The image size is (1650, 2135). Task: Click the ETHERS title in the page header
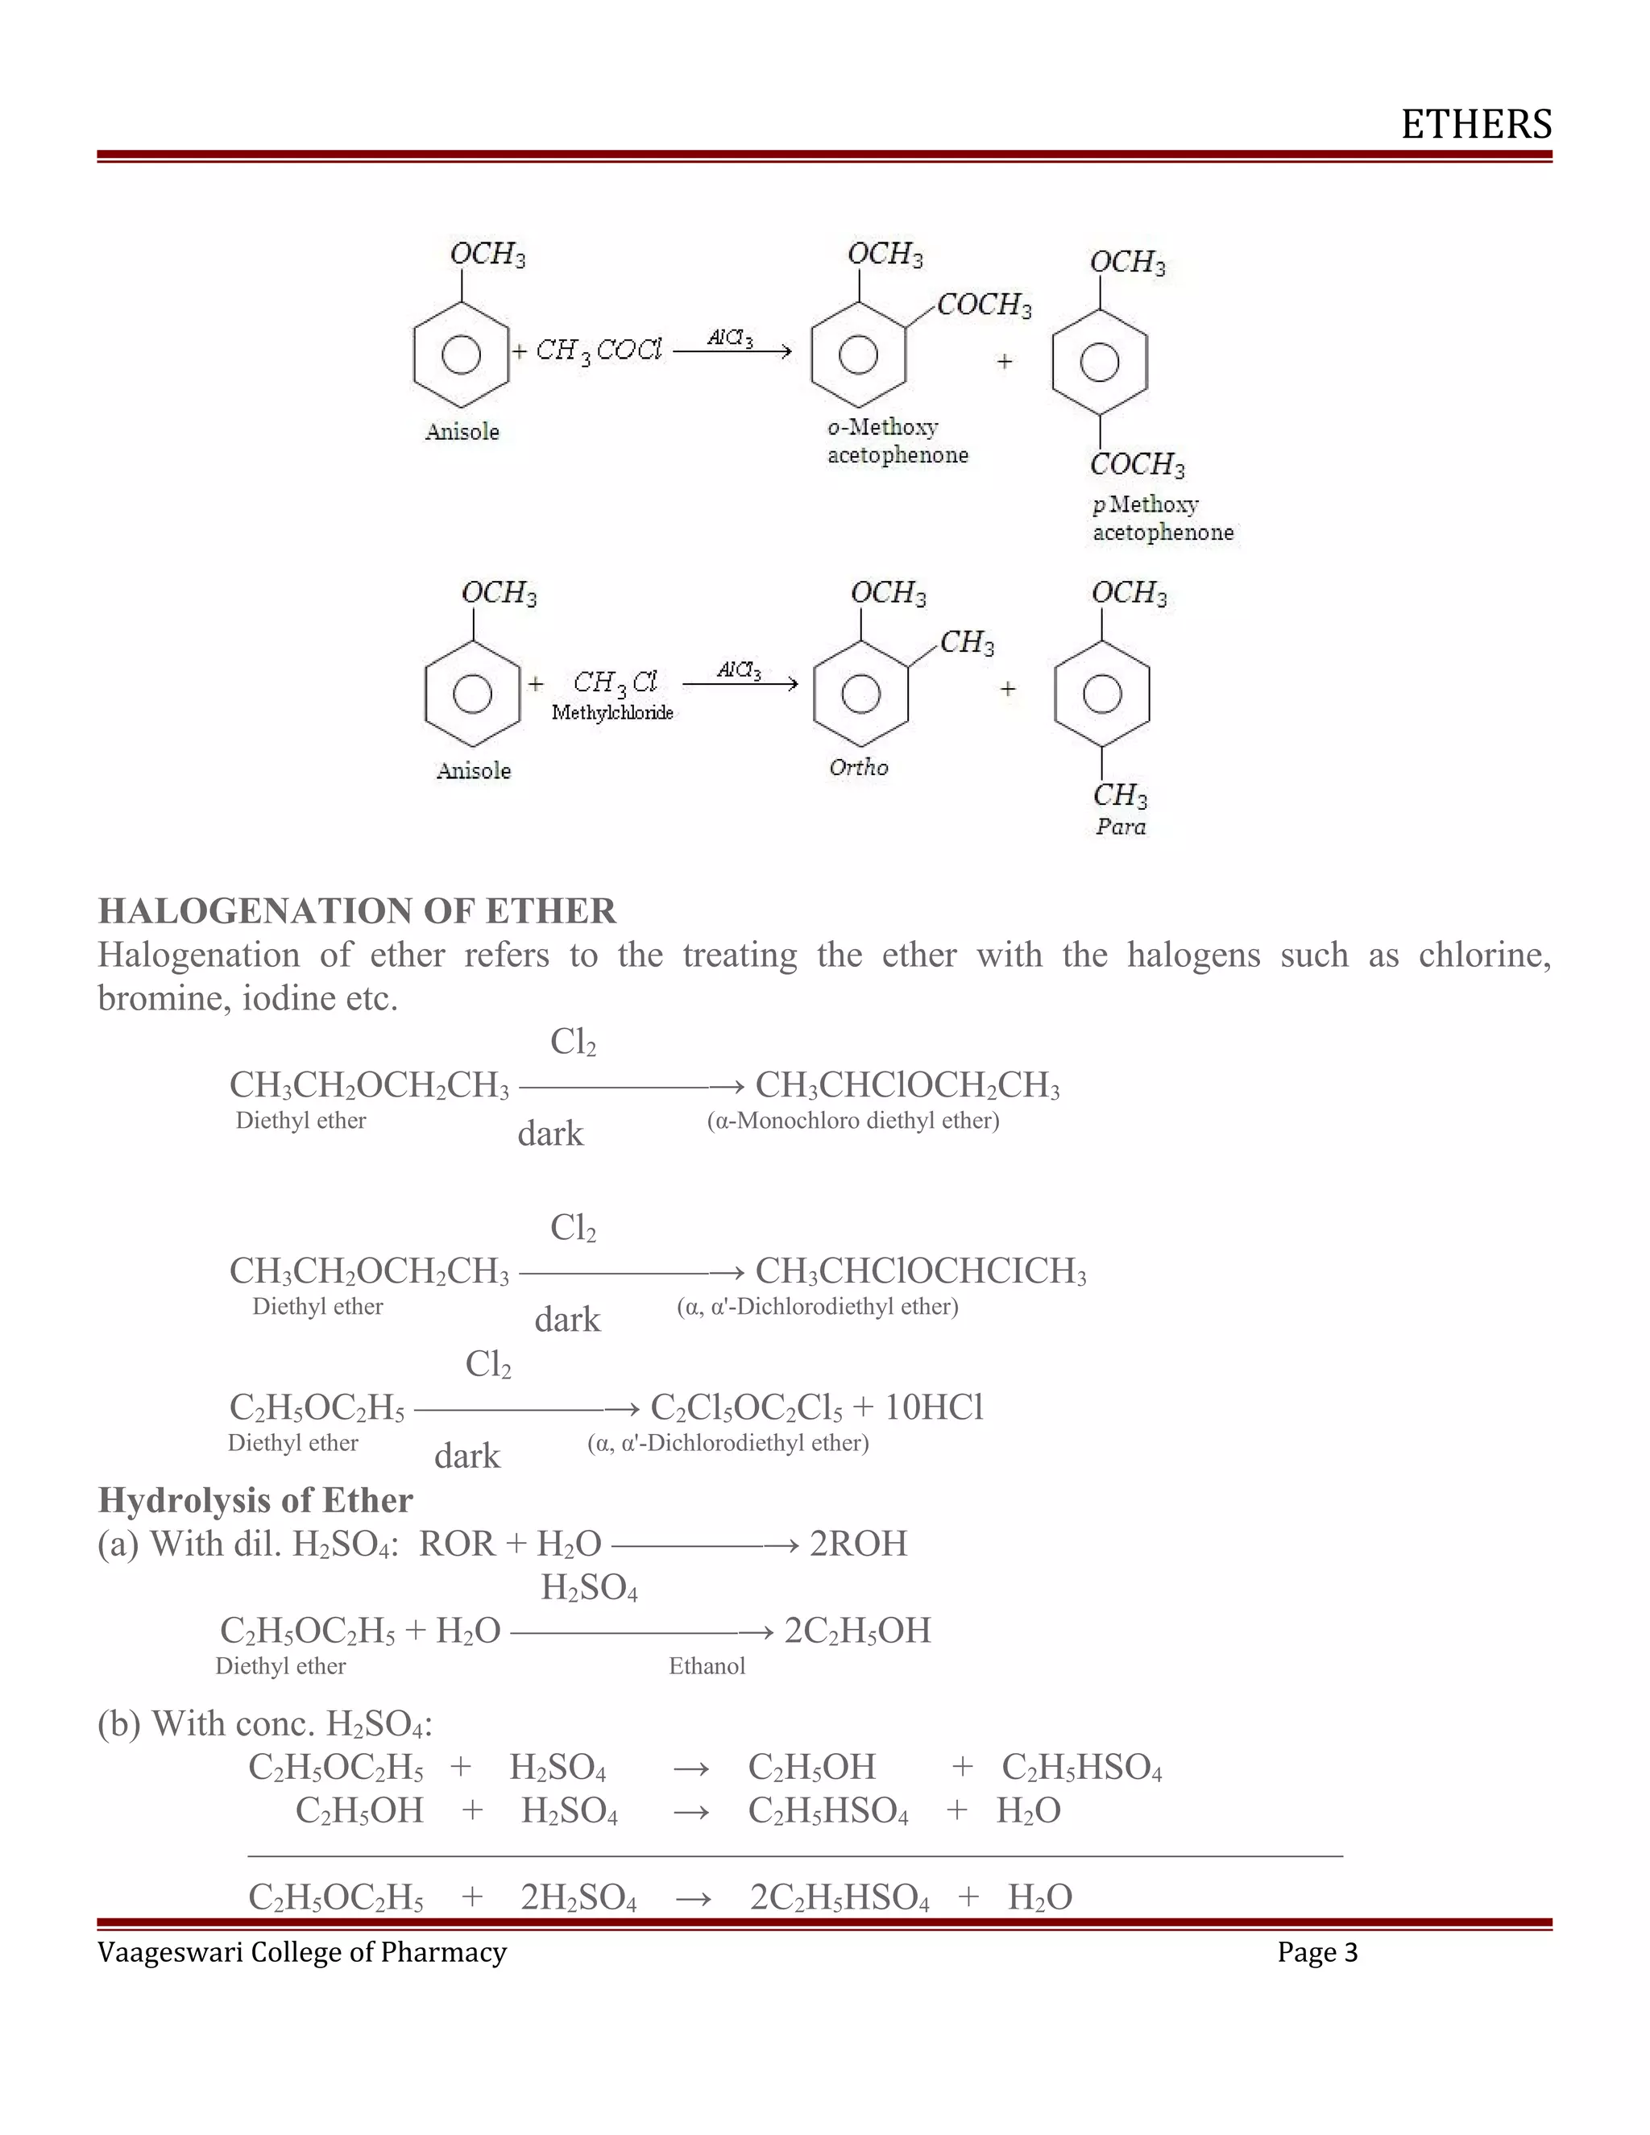point(1476,125)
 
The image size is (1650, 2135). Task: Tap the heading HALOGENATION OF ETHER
point(357,911)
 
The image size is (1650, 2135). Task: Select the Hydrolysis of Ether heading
point(255,1501)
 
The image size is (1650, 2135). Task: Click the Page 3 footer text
point(1316,1973)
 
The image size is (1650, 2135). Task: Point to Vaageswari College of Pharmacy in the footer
point(302,1973)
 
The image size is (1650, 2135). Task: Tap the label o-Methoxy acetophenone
point(897,441)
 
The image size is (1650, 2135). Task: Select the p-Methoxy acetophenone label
point(1163,518)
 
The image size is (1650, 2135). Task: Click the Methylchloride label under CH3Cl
point(612,713)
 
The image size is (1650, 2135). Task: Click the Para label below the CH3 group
point(1120,827)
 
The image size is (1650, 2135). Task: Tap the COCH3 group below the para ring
point(1137,464)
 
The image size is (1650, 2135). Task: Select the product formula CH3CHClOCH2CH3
point(907,1086)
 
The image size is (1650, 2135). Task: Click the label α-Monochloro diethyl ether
point(852,1121)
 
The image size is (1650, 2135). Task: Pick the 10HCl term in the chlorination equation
point(934,1407)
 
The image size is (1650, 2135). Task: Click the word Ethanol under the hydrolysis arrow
point(707,1667)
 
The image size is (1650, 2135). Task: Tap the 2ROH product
point(858,1544)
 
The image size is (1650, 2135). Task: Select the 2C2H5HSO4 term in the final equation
point(839,1897)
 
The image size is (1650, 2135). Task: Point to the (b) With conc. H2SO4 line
point(265,1723)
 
